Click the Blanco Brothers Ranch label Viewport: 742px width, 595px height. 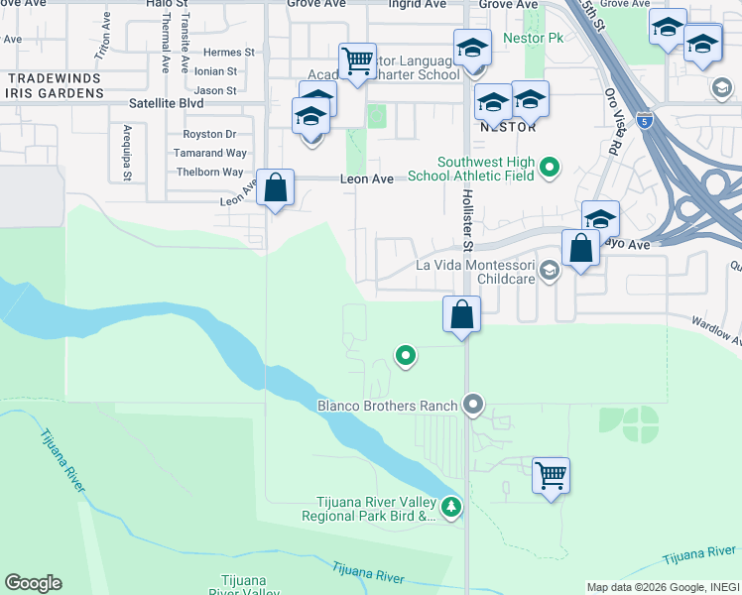(x=387, y=405)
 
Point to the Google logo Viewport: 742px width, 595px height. (x=33, y=583)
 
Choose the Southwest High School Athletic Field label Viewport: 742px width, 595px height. (x=486, y=169)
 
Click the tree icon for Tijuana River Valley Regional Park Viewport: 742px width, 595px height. (x=452, y=507)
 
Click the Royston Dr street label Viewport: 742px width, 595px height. (x=209, y=134)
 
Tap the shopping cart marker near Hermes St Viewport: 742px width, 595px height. (x=356, y=60)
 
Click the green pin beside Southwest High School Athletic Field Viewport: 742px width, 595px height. (x=551, y=167)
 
